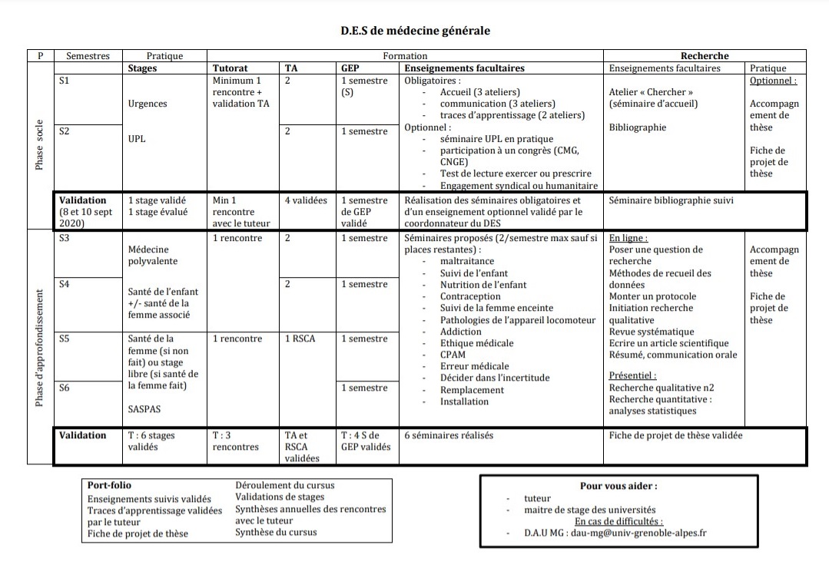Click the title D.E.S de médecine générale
pyautogui.click(x=415, y=31)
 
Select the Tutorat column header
pyautogui.click(x=230, y=68)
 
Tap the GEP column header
pyautogui.click(x=350, y=68)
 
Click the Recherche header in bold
pyautogui.click(x=705, y=56)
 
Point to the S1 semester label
pyautogui.click(x=65, y=80)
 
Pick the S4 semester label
pyautogui.click(x=65, y=285)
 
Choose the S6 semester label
pyautogui.click(x=65, y=388)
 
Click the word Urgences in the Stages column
pyautogui.click(x=148, y=104)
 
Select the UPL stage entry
pyautogui.click(x=138, y=139)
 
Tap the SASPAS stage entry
pyautogui.click(x=144, y=409)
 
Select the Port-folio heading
pyautogui.click(x=110, y=486)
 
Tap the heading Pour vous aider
pyautogui.click(x=618, y=486)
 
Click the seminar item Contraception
pyautogui.click(x=470, y=296)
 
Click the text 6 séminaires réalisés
pyautogui.click(x=449, y=435)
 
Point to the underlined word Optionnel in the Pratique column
pyautogui.click(x=773, y=80)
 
